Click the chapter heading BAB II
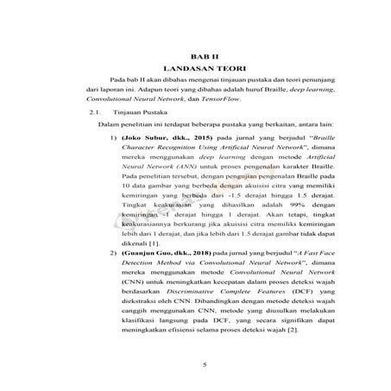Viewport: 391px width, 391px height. point(205,54)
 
